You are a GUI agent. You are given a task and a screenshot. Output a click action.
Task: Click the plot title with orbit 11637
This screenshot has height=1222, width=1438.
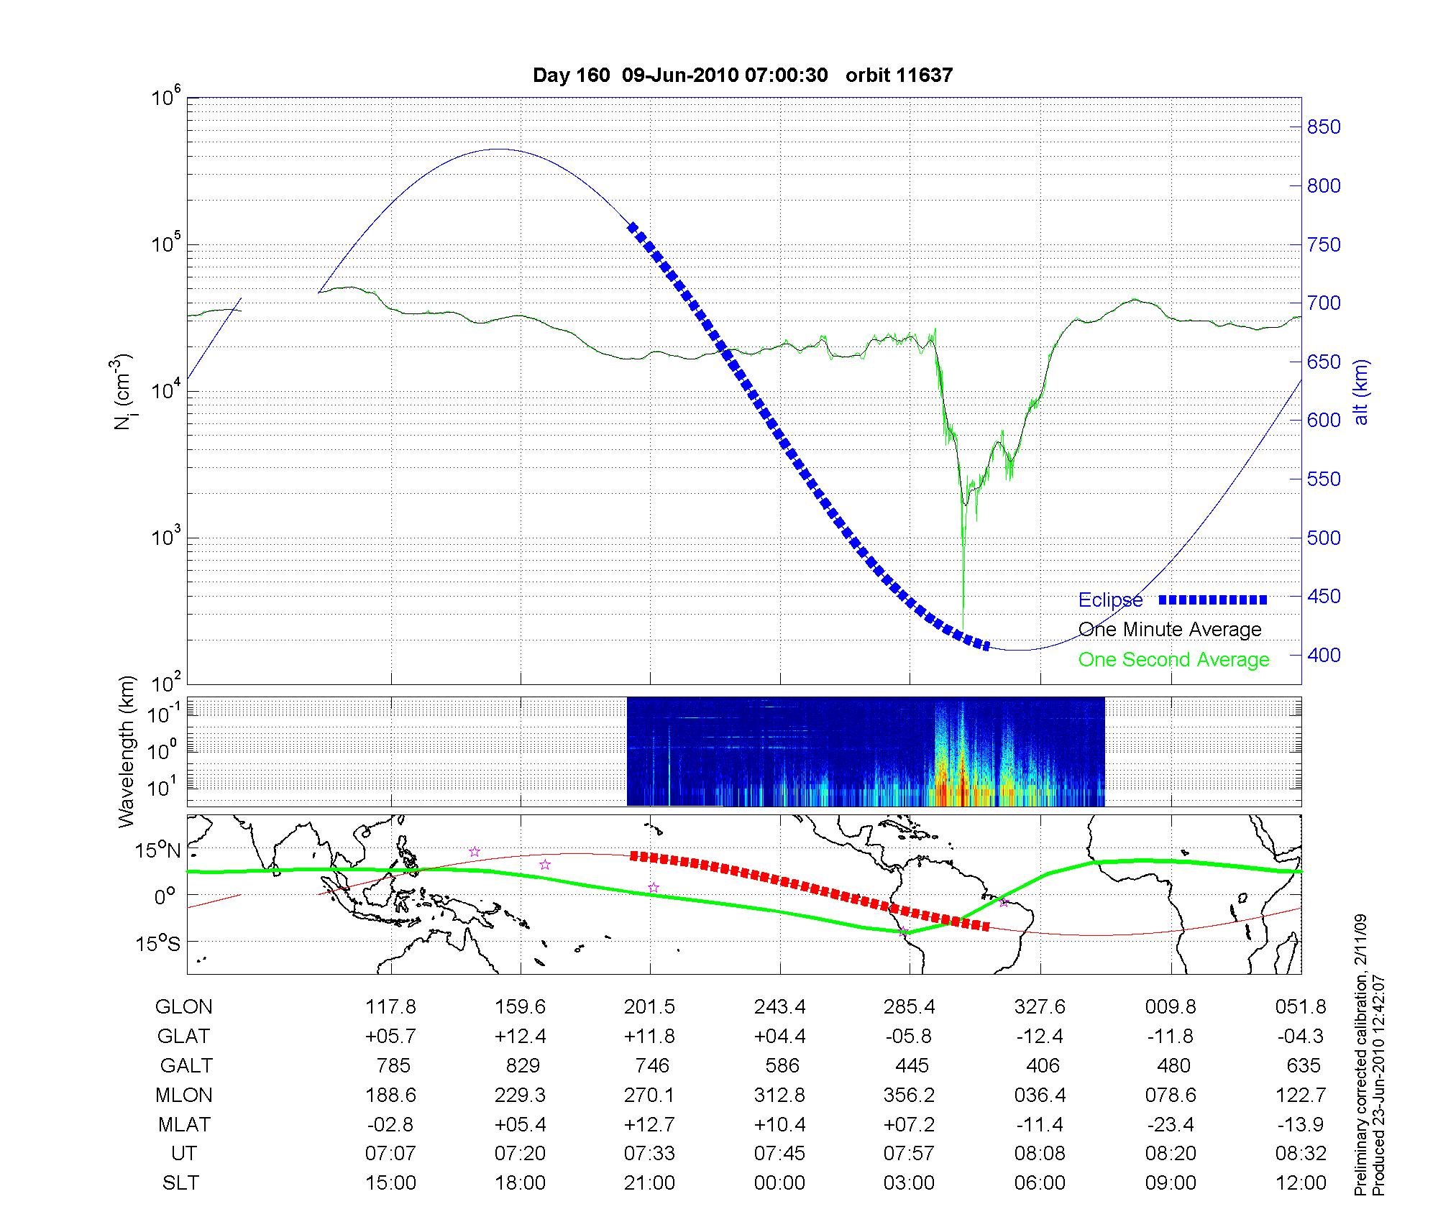tap(743, 75)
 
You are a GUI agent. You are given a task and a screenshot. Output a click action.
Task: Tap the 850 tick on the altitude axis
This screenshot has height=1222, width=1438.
tap(1324, 127)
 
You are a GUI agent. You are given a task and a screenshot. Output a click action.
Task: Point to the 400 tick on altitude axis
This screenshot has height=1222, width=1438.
tap(1324, 655)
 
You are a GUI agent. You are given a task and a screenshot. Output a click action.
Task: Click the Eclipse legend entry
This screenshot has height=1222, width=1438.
tap(1111, 600)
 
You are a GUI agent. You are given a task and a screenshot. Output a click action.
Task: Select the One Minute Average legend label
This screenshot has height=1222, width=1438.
tap(1170, 630)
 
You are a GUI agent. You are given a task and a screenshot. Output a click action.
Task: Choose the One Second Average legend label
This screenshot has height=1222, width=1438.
tap(1173, 660)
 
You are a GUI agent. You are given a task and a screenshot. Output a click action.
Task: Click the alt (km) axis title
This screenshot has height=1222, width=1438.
tap(1362, 392)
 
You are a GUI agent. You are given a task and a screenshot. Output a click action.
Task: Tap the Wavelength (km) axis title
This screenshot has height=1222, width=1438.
tap(127, 751)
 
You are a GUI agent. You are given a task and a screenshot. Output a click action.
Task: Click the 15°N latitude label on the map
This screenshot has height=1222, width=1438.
tap(157, 851)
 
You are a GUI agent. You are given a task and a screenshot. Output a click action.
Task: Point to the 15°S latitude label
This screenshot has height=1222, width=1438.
tap(157, 943)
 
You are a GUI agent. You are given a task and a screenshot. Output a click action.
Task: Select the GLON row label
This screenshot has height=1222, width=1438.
tap(184, 1007)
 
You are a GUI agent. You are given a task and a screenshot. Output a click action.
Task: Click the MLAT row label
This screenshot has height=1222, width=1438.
tap(184, 1124)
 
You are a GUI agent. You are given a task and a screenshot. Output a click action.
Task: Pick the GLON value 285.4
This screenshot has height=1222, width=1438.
tap(910, 1007)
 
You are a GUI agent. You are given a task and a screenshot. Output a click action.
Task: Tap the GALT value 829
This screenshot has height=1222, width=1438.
tap(522, 1065)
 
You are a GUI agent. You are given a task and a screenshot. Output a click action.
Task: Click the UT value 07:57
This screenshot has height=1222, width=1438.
tap(910, 1154)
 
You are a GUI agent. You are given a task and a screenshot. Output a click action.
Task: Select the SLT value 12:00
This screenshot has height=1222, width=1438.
tap(1301, 1183)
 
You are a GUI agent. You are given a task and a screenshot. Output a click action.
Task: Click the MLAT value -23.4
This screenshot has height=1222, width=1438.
tap(1171, 1124)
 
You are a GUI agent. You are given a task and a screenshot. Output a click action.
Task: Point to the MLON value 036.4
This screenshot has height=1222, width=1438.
tap(1040, 1095)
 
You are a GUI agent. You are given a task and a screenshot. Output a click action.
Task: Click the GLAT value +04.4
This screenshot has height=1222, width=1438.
tap(780, 1037)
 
